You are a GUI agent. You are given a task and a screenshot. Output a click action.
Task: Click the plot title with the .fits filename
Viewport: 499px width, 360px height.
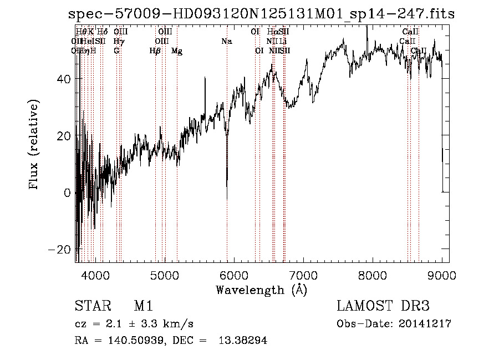point(261,14)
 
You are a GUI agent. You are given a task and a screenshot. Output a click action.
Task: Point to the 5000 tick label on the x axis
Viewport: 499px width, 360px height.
point(164,275)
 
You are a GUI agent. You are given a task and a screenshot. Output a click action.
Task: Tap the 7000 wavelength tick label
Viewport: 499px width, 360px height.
point(303,275)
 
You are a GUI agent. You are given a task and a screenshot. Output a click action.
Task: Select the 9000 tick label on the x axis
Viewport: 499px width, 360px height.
point(442,275)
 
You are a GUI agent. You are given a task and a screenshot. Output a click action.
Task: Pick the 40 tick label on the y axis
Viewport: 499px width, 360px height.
point(64,79)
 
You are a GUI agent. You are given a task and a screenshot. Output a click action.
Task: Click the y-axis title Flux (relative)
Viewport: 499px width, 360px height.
point(35,145)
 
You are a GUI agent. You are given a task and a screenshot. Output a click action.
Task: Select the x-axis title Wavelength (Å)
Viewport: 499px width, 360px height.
point(261,290)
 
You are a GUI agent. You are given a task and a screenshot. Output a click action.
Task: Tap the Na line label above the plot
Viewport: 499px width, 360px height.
point(226,41)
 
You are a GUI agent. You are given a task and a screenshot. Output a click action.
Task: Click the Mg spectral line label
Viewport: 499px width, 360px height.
point(177,51)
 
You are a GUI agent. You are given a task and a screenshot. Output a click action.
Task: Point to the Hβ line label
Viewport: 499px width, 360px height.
point(155,51)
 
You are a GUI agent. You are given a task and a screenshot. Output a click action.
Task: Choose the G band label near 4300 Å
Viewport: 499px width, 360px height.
point(116,51)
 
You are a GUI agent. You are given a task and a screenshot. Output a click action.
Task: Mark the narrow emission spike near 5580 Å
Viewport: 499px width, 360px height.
point(205,80)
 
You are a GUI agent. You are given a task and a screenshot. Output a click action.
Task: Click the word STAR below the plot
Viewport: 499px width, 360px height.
point(91,306)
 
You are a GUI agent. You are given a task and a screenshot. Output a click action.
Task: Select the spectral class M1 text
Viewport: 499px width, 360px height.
point(143,306)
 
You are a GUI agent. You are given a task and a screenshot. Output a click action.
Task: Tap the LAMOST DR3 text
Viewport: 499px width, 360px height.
point(383,306)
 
